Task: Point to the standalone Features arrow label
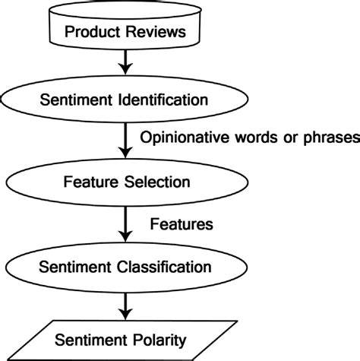(180, 225)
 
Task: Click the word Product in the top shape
(88, 32)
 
